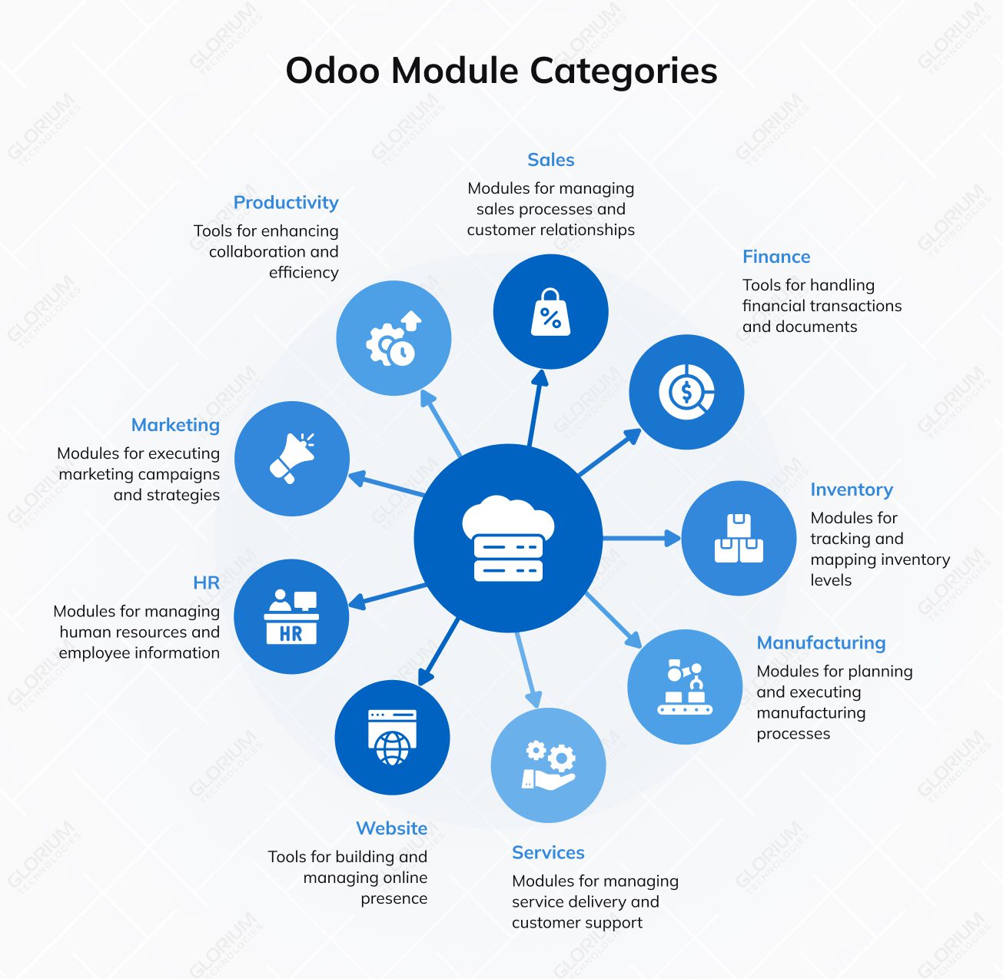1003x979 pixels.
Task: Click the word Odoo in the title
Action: [332, 71]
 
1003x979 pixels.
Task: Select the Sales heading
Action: [550, 160]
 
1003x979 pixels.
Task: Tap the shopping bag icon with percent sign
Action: [550, 313]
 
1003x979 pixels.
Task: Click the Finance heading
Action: [776, 257]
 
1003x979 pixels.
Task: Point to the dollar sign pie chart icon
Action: [686, 392]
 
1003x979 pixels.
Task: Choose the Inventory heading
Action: [851, 489]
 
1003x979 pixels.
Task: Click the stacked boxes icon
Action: [739, 539]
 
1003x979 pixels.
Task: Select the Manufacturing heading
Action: [821, 642]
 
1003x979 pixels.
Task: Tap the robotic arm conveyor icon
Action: [685, 687]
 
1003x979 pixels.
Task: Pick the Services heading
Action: [548, 852]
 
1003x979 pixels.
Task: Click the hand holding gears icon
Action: [548, 765]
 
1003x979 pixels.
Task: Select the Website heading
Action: [391, 828]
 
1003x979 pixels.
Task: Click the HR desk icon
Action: [291, 617]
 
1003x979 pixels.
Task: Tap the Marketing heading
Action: [175, 425]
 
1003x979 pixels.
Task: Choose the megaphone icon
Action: [292, 459]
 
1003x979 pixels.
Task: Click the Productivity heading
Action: [286, 202]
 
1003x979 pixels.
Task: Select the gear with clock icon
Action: [394, 339]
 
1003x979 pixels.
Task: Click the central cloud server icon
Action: [508, 539]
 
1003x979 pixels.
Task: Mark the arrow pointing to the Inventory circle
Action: [642, 538]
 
